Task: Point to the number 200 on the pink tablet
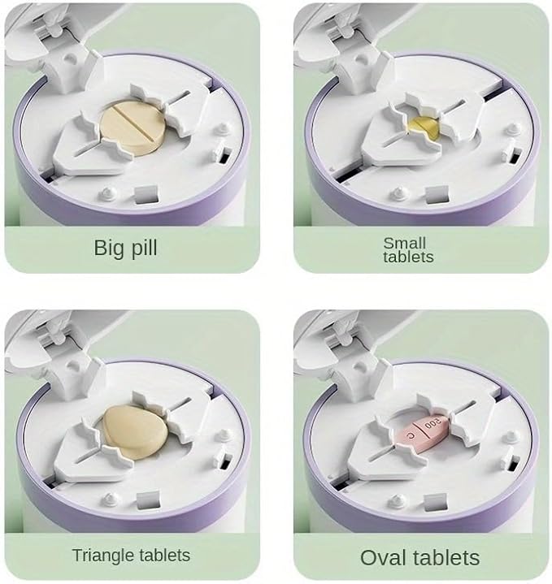436,423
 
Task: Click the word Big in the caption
111,247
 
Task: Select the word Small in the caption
404,242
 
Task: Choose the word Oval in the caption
384,557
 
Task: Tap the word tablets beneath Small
408,257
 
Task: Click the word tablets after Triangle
162,556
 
